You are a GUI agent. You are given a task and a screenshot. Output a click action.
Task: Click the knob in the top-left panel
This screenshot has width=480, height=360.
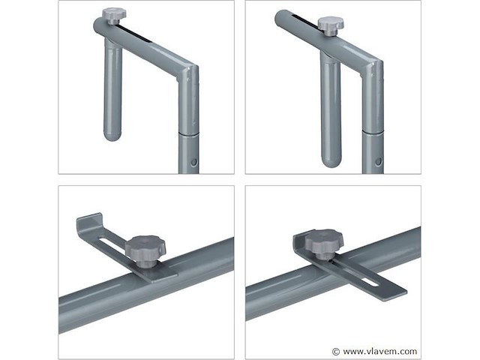point(113,16)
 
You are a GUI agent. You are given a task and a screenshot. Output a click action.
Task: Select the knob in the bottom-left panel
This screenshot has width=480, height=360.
point(145,250)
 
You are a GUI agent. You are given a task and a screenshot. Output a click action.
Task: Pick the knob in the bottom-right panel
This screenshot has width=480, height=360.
point(320,244)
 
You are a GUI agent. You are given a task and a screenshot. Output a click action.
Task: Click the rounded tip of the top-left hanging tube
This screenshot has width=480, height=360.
point(113,135)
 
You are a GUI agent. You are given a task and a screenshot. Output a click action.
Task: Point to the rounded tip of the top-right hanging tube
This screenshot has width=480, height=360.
point(331,160)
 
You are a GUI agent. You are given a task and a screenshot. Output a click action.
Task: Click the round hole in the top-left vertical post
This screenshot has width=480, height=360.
point(193,162)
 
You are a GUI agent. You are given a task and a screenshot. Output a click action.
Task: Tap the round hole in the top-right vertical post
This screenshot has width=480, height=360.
point(379,162)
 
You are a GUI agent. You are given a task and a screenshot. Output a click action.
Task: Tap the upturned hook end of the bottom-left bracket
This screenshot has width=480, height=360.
point(88,221)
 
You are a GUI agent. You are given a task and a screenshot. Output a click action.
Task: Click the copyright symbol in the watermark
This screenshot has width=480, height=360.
point(336,351)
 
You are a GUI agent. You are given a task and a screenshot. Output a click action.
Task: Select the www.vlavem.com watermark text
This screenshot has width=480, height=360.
point(380,351)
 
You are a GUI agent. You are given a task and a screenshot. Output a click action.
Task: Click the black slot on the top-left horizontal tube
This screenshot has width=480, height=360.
point(135,34)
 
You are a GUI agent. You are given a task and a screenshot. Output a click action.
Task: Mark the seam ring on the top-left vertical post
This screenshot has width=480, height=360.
point(189,133)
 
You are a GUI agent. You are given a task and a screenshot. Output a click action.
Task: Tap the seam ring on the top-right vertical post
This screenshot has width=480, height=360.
point(373,131)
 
